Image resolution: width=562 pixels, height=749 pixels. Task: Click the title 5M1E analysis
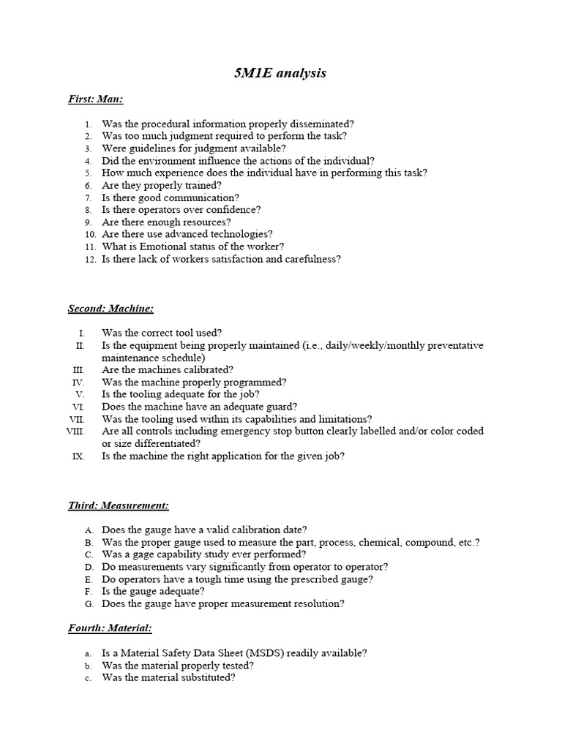pos(281,72)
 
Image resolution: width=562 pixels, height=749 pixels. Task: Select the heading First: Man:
pos(96,99)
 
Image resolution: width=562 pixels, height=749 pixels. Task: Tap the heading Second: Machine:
pos(111,309)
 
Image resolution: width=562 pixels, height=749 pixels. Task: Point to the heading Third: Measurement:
pos(119,505)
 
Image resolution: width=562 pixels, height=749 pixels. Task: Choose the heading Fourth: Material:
pos(110,628)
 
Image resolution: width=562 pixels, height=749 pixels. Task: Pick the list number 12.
pos(91,259)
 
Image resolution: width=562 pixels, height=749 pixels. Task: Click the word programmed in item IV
pos(252,383)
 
